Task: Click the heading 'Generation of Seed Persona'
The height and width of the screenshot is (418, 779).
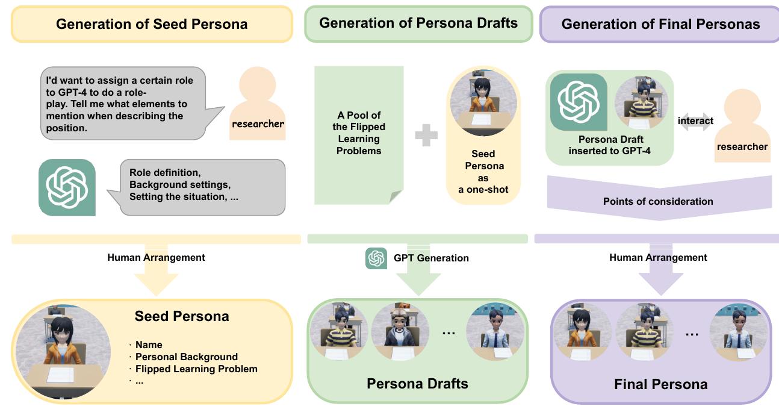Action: click(x=152, y=24)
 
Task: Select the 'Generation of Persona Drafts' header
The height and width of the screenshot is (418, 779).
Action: click(x=418, y=23)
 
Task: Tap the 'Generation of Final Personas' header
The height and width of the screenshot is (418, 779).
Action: click(x=660, y=24)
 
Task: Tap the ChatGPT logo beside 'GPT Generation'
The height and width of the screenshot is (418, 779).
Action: click(x=376, y=258)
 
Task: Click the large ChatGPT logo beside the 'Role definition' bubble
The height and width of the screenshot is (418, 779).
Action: click(x=67, y=187)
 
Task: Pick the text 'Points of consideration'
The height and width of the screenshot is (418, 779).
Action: click(x=658, y=201)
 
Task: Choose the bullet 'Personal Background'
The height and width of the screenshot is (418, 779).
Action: click(x=187, y=357)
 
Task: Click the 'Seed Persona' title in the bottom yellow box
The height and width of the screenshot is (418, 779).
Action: click(x=182, y=316)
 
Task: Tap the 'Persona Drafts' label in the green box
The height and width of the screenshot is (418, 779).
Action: click(x=417, y=384)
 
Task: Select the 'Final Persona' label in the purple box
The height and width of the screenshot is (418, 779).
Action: click(x=660, y=384)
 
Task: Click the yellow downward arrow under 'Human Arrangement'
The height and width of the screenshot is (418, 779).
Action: click(x=157, y=279)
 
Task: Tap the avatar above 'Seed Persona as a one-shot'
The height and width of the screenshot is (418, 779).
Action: click(x=483, y=102)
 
